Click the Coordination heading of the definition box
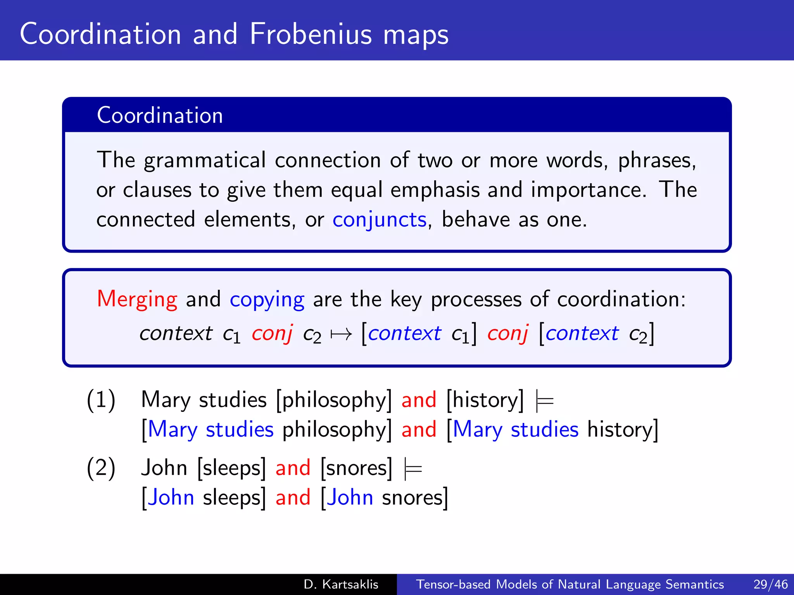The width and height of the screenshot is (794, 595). (160, 115)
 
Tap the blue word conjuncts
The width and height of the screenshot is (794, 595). (379, 220)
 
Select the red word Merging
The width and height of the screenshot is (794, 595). (137, 299)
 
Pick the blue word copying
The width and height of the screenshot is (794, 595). (267, 299)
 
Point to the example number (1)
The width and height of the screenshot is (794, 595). (101, 400)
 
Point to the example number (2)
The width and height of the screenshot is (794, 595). (101, 468)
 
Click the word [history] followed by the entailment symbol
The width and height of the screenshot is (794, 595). (485, 400)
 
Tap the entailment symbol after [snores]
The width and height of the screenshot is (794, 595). (413, 469)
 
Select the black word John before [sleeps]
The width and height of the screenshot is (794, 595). (164, 468)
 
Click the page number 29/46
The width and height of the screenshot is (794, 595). (770, 584)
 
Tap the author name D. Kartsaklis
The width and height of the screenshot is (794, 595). (341, 584)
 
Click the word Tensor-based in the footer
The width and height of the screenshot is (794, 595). (453, 584)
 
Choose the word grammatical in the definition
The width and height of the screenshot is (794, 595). (205, 160)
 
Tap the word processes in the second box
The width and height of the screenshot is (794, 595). (476, 299)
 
